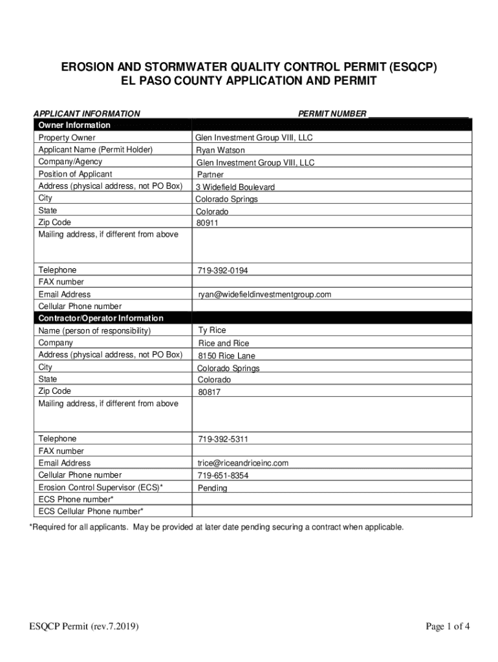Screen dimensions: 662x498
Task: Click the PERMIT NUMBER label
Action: coord(332,114)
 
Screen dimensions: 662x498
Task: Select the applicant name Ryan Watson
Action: coord(221,151)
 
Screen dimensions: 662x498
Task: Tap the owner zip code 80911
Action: coord(208,224)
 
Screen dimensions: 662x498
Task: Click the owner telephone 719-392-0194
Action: coord(223,270)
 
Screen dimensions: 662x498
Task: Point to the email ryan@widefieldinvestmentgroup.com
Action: coord(265,295)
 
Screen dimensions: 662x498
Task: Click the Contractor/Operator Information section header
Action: coord(101,319)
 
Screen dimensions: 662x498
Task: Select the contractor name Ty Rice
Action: coord(212,330)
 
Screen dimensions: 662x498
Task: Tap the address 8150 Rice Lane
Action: coord(226,356)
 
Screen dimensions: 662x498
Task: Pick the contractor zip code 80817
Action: coord(208,392)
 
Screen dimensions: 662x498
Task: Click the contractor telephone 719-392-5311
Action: coord(223,440)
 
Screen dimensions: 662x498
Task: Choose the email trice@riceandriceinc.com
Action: coord(243,464)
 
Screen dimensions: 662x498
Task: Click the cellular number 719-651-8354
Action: coord(223,476)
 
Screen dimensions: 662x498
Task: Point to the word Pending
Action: coord(213,488)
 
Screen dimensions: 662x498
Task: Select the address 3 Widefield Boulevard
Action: coord(235,187)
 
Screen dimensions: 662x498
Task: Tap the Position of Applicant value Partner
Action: coord(210,175)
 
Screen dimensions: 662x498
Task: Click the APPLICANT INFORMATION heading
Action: coord(87,114)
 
